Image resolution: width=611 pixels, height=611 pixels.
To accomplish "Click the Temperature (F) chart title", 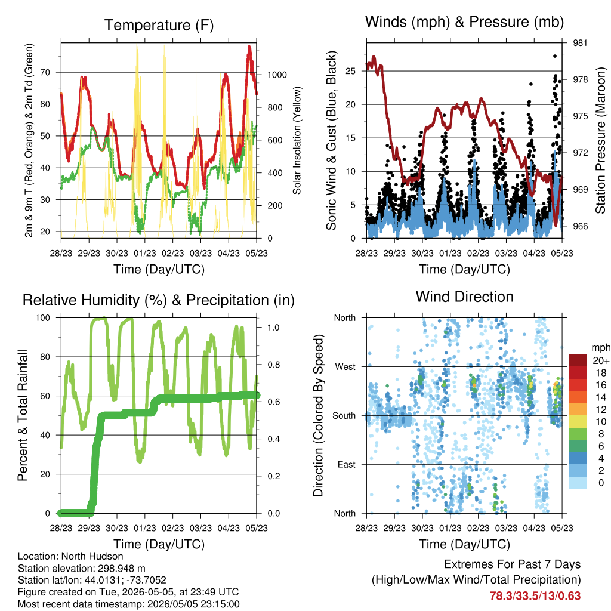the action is pos(159,25).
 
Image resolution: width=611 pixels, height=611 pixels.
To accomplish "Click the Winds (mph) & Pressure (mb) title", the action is pos(464,22).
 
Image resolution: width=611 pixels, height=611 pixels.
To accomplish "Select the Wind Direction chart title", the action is pos(464,297).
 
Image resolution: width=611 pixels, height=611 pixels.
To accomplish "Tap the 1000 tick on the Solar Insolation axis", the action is pos(277,75).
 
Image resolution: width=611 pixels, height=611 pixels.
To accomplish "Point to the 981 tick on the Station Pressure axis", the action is pos(580,43).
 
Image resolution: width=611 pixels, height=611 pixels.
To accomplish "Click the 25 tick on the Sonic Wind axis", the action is pos(351,71).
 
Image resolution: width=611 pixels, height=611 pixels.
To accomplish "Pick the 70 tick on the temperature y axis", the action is pos(45,72).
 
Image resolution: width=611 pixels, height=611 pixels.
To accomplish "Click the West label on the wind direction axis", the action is pos(345,367).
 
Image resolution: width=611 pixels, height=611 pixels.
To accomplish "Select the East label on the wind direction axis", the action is pos(347,464).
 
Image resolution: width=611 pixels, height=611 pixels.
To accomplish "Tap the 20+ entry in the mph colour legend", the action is pos(601,360).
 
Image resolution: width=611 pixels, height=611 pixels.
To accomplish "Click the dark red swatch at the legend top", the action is pos(578,360).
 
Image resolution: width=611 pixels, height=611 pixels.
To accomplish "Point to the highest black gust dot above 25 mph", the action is pos(555,56).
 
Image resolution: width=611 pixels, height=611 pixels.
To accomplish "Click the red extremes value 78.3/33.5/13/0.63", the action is pos(535,596).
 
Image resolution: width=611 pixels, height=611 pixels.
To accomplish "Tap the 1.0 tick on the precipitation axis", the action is pos(273,328).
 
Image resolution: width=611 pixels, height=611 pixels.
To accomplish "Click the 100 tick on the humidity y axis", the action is pos(43,317).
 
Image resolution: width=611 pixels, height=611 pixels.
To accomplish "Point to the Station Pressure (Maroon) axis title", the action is pos(600,140).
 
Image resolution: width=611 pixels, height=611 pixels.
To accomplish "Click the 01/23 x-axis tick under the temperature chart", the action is pos(145,253).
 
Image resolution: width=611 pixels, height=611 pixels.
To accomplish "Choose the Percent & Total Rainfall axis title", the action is pos(23,415).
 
